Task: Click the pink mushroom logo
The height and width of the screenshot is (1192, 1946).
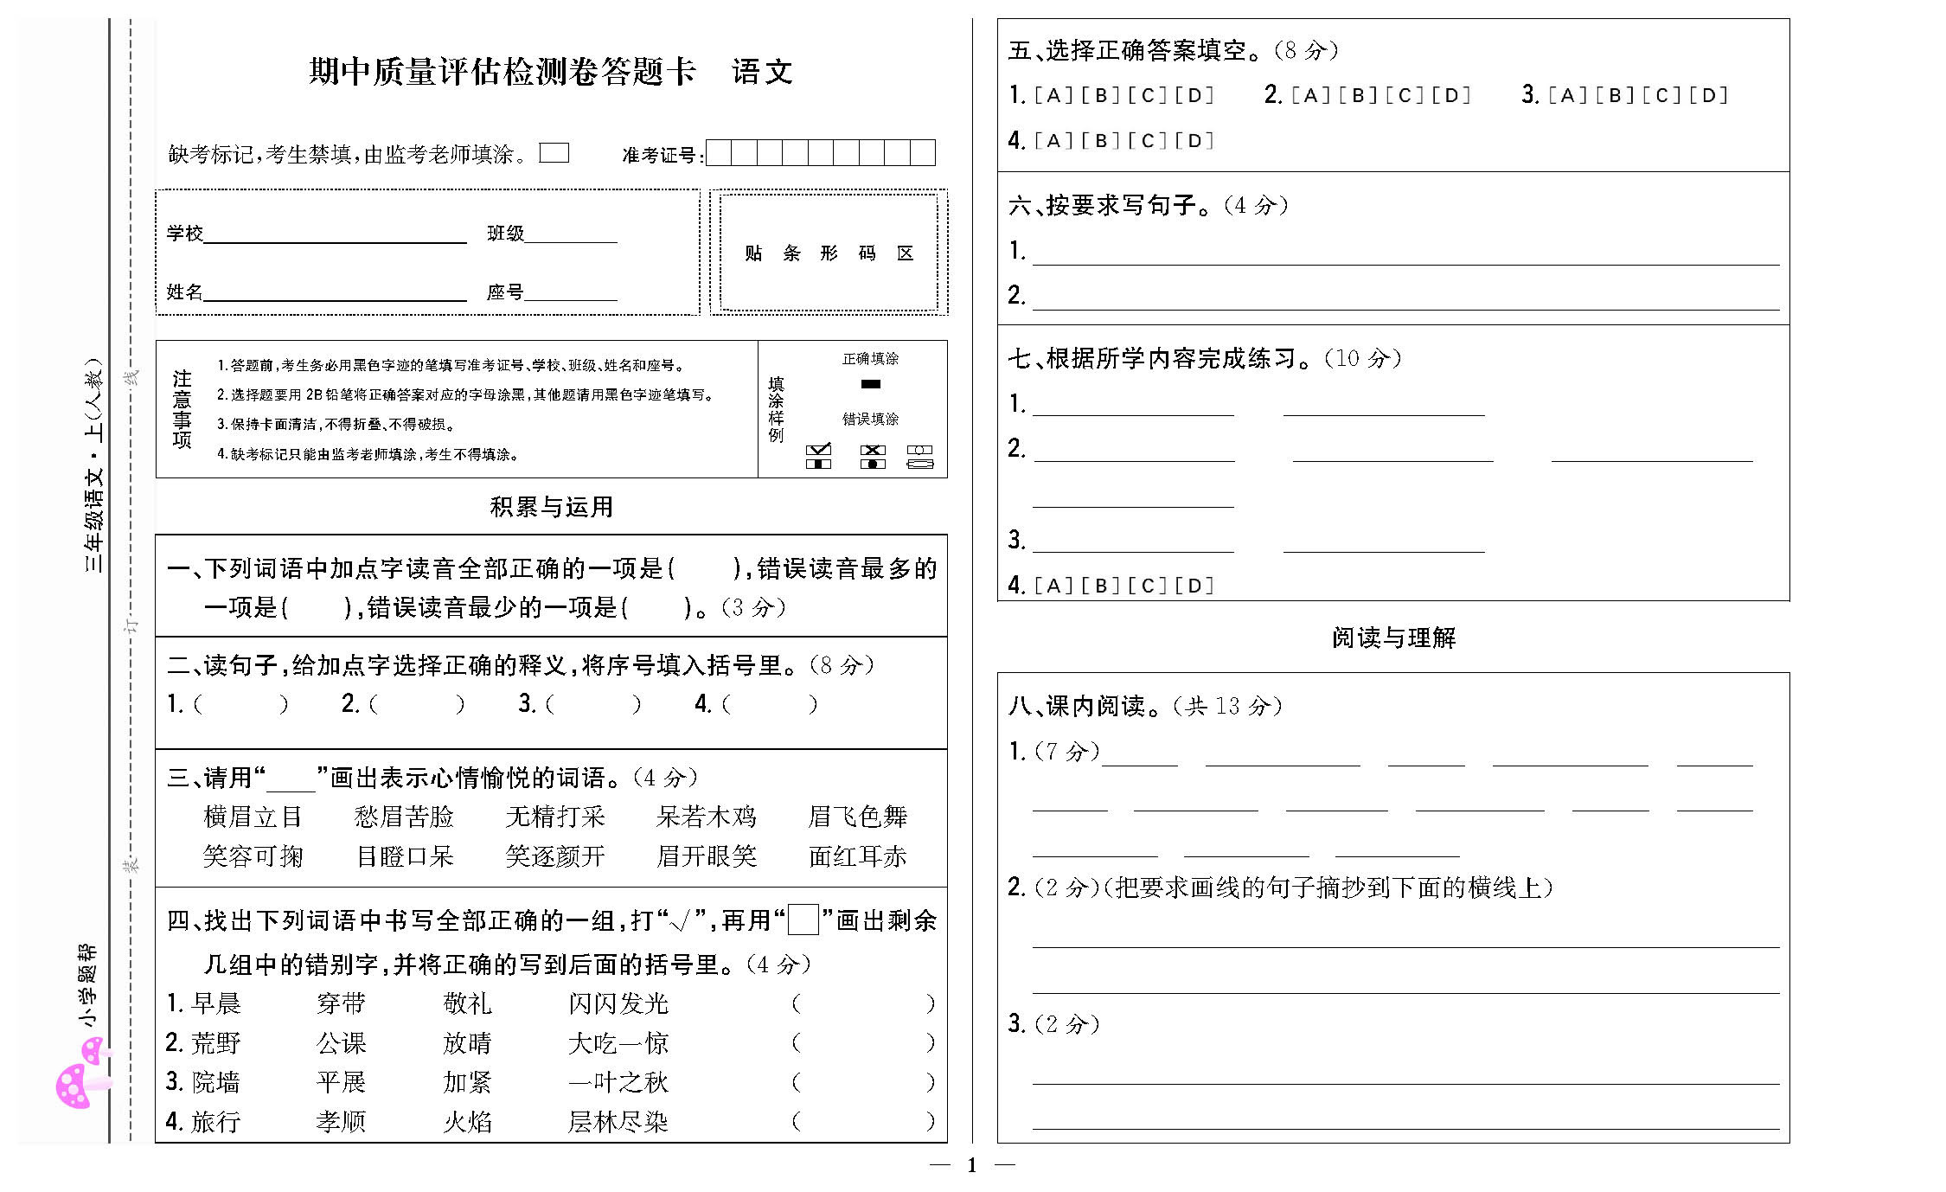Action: (x=82, y=1077)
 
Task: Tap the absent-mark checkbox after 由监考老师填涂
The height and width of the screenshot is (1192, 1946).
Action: (x=554, y=153)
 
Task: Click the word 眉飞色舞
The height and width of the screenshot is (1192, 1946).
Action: (x=857, y=817)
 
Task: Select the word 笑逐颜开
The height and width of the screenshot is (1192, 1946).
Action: (x=554, y=856)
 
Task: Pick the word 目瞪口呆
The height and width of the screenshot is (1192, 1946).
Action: (x=405, y=856)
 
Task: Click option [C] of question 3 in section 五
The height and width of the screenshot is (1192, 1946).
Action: (x=1662, y=95)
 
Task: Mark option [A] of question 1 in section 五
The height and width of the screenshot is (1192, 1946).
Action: (x=1053, y=95)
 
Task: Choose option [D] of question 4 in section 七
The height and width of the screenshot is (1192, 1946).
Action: (x=1194, y=586)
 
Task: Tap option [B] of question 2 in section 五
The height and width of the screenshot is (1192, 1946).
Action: (x=1358, y=95)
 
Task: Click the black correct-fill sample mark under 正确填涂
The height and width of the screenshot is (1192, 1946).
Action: (x=871, y=384)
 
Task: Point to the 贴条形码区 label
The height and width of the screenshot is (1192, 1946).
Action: (x=829, y=253)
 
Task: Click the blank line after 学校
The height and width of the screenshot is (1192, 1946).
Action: (x=335, y=235)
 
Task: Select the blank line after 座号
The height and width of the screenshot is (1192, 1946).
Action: (x=571, y=294)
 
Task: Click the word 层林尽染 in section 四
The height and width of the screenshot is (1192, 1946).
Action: (x=618, y=1122)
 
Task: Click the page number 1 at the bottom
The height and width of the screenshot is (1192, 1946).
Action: (x=972, y=1165)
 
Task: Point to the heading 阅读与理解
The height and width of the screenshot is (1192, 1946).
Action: (x=1393, y=638)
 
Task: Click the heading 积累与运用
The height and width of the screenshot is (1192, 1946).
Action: (x=551, y=507)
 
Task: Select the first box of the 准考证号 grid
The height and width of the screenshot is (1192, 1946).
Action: (x=719, y=153)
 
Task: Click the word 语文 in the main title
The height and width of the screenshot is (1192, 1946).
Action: (x=762, y=72)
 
